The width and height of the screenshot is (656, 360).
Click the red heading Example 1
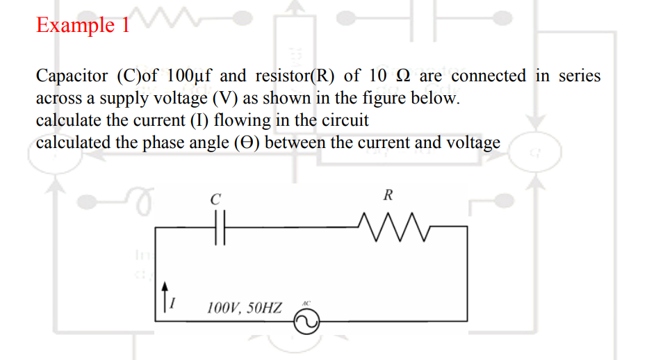[x=83, y=25]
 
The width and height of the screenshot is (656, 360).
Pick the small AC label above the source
[x=306, y=304]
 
